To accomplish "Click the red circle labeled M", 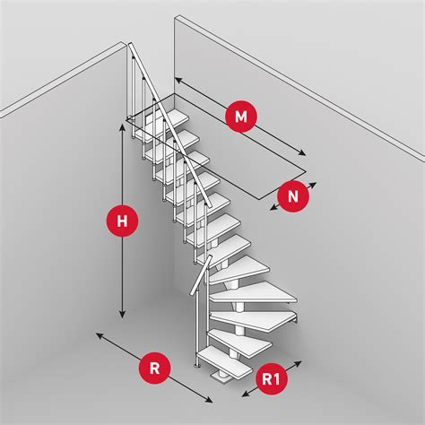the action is pyautogui.click(x=241, y=117).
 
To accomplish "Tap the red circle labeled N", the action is pyautogui.click(x=293, y=196).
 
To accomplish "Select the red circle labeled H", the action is pyautogui.click(x=122, y=221).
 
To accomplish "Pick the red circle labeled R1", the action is pyautogui.click(x=272, y=378).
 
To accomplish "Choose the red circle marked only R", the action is pyautogui.click(x=154, y=368).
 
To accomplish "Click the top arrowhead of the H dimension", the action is pyautogui.click(x=122, y=128).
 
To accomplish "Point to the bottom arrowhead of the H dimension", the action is pyautogui.click(x=122, y=314).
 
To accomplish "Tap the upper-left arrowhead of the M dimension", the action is pyautogui.click(x=178, y=80).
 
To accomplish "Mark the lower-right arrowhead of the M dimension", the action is pyautogui.click(x=302, y=152).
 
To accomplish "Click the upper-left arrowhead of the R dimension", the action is pyautogui.click(x=100, y=335).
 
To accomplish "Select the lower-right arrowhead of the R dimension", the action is pyautogui.click(x=209, y=400).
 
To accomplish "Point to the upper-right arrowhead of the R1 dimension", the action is pyautogui.click(x=298, y=363).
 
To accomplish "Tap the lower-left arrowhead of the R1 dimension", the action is pyautogui.click(x=246, y=394).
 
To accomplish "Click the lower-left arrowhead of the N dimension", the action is pyautogui.click(x=273, y=208).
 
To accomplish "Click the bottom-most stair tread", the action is pyautogui.click(x=225, y=362).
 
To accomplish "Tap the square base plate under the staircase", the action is pyautogui.click(x=221, y=377).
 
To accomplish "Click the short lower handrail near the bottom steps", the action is pyautogui.click(x=201, y=275).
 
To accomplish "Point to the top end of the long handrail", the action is pyautogui.click(x=130, y=45).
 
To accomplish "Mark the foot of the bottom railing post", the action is pyautogui.click(x=197, y=365).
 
